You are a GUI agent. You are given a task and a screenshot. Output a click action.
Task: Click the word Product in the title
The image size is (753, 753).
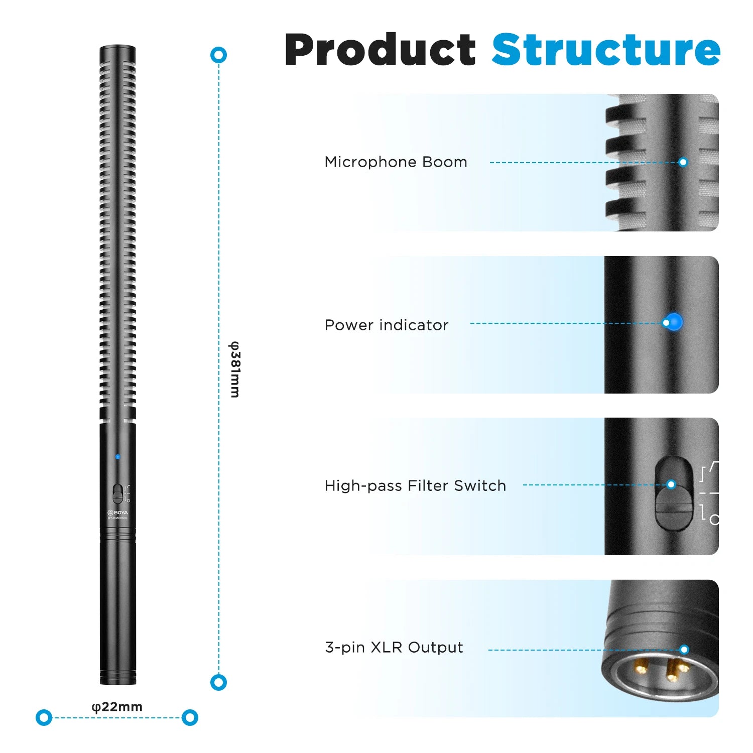pyautogui.click(x=380, y=50)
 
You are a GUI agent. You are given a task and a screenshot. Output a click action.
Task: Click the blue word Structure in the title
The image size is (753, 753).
pyautogui.click(x=606, y=50)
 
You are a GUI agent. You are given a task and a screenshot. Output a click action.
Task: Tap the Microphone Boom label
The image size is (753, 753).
pyautogui.click(x=396, y=162)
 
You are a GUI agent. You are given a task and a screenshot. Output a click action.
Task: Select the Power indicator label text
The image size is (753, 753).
pyautogui.click(x=386, y=325)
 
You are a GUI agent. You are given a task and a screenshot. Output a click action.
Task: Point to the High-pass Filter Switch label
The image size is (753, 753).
pyautogui.click(x=415, y=485)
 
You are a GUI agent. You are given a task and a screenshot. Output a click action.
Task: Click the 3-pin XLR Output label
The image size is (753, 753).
pyautogui.click(x=394, y=647)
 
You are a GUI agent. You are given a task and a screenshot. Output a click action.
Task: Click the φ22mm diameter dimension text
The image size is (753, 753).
pyautogui.click(x=117, y=707)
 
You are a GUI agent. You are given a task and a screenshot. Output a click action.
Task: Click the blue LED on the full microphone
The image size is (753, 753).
pyautogui.click(x=117, y=457)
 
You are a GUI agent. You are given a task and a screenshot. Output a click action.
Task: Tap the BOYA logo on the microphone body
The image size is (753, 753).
pyautogui.click(x=117, y=513)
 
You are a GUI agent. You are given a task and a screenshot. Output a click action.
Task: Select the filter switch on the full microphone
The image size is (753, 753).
pyautogui.click(x=117, y=493)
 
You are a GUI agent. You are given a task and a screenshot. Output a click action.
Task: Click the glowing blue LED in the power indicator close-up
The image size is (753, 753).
pyautogui.click(x=673, y=322)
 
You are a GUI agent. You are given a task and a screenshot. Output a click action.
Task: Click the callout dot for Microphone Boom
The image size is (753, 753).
pyautogui.click(x=683, y=162)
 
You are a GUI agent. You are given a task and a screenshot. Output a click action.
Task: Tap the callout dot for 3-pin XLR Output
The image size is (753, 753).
pyautogui.click(x=684, y=649)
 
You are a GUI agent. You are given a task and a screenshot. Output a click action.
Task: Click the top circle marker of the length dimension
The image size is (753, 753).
pyautogui.click(x=218, y=55)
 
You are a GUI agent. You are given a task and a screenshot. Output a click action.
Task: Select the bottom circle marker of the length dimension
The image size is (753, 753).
pyautogui.click(x=218, y=682)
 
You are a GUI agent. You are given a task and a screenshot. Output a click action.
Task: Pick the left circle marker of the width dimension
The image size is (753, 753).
pyautogui.click(x=44, y=717)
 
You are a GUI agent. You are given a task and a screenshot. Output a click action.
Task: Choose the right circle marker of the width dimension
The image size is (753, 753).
pyautogui.click(x=190, y=717)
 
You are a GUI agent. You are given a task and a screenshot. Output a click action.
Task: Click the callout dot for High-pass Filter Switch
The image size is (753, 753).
pyautogui.click(x=671, y=484)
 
